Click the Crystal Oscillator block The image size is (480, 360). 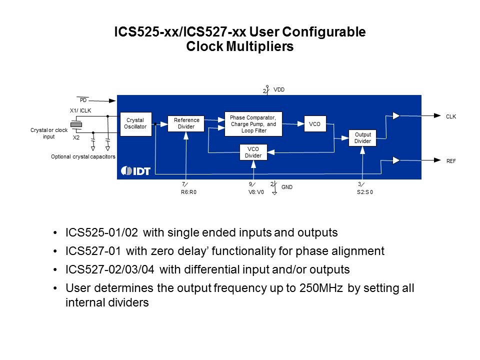[135, 123]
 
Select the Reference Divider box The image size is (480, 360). [186, 123]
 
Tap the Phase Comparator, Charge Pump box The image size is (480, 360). [253, 124]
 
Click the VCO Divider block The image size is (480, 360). [253, 152]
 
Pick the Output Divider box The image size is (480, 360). [362, 138]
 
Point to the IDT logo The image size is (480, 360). [135, 171]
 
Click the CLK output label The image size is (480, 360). [450, 116]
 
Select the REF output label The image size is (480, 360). [450, 161]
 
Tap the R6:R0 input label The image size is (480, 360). [188, 192]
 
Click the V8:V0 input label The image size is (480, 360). [256, 192]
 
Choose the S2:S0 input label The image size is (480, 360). [365, 192]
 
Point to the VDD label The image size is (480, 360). [279, 89]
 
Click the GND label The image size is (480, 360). [287, 187]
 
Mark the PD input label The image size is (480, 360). [83, 100]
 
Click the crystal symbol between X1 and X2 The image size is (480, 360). [76, 124]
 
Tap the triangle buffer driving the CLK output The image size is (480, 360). [396, 115]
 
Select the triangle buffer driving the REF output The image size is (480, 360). [396, 160]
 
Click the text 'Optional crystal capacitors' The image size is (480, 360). [83, 156]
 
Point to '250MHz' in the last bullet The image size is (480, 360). [321, 288]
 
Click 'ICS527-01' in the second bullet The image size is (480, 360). [93, 251]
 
